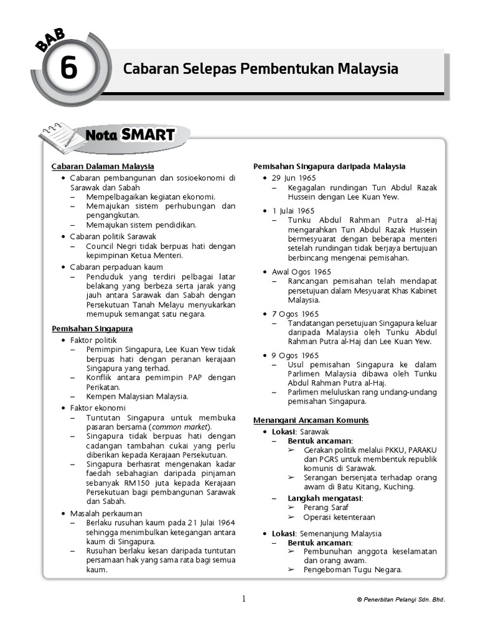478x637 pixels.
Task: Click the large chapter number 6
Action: point(68,69)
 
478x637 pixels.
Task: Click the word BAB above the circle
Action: point(50,41)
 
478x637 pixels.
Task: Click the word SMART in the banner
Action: point(148,134)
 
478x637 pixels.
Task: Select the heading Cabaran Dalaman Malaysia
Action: point(103,167)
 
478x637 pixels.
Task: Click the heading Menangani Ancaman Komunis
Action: point(311,421)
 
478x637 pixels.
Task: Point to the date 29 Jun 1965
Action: point(294,178)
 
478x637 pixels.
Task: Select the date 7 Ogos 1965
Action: point(295,314)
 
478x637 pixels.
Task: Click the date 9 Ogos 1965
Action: point(295,355)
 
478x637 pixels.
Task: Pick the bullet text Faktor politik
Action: point(93,340)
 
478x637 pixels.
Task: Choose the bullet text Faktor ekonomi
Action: point(98,407)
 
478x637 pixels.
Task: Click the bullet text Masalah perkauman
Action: point(106,513)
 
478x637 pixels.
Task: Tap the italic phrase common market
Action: point(180,427)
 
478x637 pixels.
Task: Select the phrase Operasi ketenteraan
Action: point(339,517)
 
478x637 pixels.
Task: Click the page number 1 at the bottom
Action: point(244,598)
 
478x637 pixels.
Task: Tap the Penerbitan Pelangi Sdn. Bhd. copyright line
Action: point(401,600)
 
